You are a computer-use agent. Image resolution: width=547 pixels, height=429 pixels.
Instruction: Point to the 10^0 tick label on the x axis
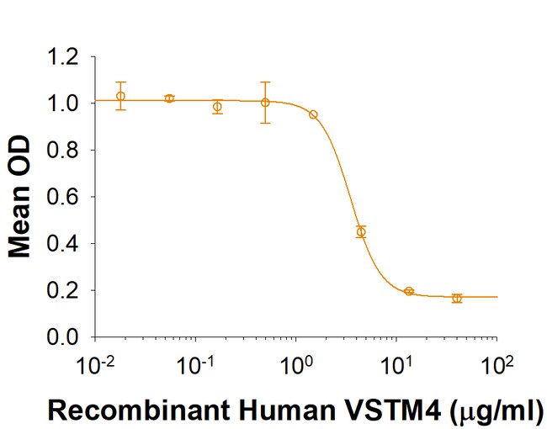295,365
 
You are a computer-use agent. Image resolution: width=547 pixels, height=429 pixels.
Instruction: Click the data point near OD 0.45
361,231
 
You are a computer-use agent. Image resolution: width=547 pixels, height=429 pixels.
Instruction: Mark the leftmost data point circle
121,96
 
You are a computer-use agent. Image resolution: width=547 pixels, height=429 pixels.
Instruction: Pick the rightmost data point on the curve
457,298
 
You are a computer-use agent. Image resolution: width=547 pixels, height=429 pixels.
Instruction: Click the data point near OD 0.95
313,114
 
